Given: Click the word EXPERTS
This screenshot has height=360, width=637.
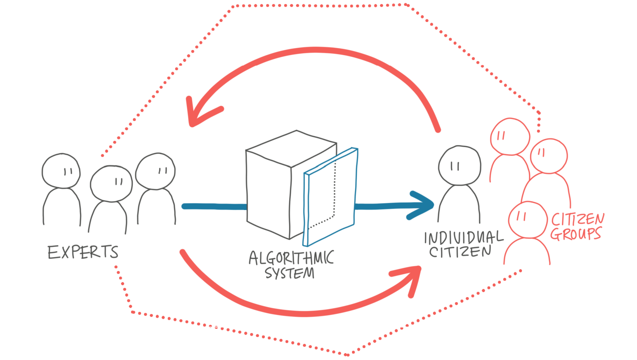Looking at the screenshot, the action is [83, 252].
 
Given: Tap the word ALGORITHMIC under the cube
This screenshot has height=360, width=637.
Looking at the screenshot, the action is [291, 258].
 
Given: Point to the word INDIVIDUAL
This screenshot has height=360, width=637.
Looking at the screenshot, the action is [464, 238].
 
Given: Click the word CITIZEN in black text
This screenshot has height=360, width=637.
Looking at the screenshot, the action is [460, 252].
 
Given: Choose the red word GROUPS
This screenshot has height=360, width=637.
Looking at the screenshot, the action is [576, 234].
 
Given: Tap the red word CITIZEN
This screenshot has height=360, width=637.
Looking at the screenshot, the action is [578, 219].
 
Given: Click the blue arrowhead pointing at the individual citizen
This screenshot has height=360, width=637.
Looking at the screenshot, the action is [421, 205].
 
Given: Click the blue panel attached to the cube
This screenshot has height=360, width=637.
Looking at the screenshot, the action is [330, 197].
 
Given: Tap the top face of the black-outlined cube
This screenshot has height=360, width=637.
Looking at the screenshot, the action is [291, 149].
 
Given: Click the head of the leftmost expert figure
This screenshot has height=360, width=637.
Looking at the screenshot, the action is [61, 171].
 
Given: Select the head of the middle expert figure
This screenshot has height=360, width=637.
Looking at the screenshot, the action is [111, 183].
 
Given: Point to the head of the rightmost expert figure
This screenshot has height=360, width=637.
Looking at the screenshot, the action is [155, 171].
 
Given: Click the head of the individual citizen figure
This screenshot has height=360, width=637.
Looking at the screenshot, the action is [460, 166].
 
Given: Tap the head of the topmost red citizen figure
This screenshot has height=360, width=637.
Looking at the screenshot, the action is [510, 137].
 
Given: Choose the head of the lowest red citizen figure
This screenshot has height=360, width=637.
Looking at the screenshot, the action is [528, 220].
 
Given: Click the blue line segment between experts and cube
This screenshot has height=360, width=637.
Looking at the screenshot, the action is [214, 206].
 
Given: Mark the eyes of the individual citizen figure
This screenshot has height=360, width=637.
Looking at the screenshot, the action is [455, 166].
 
